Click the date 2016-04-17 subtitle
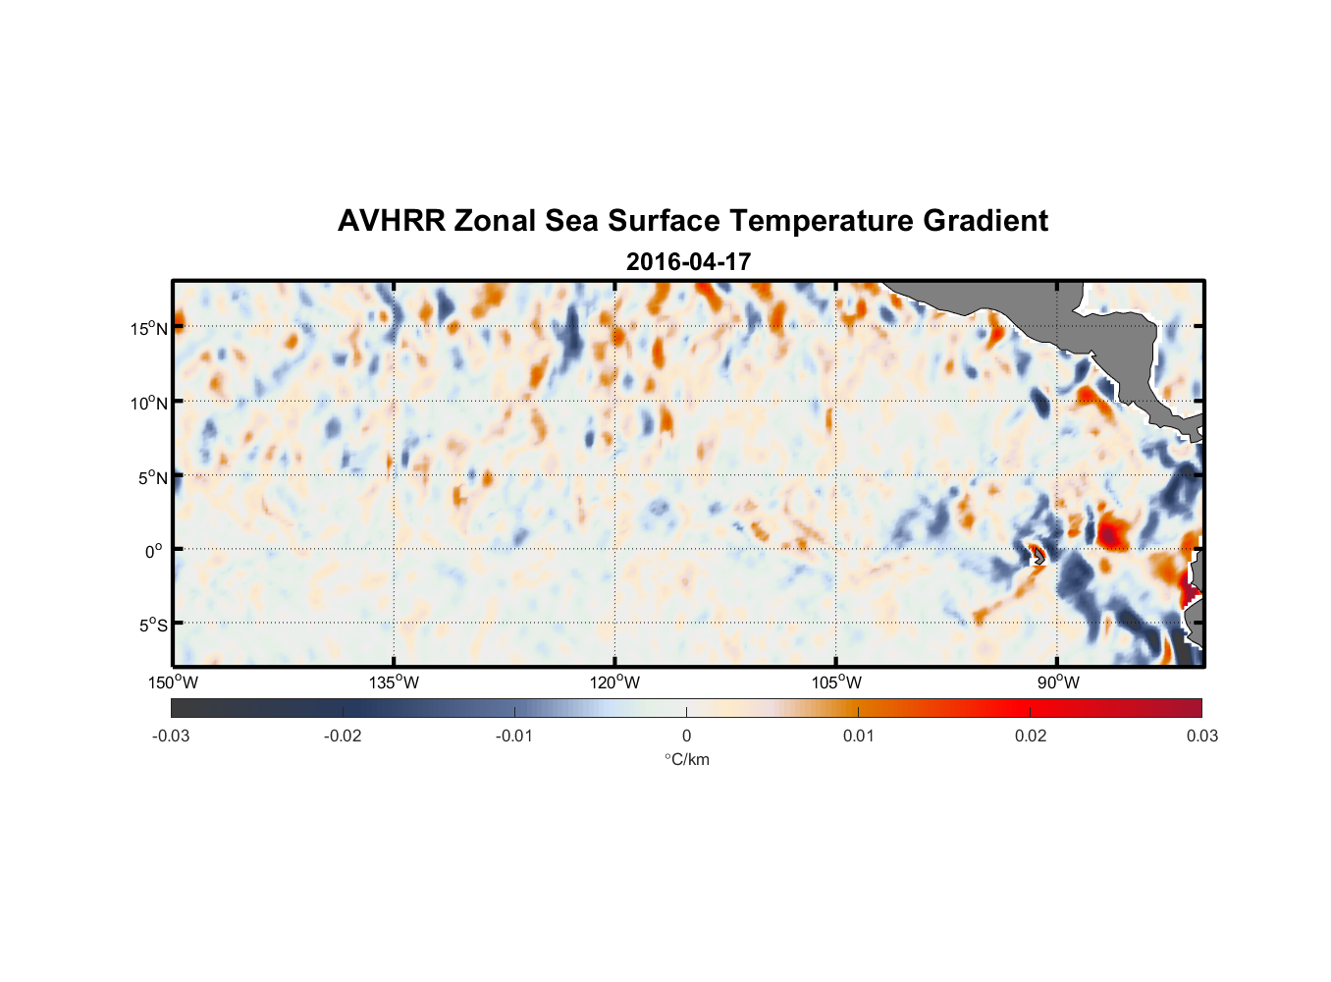[688, 262]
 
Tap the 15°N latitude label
[149, 328]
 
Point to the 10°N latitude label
[149, 403]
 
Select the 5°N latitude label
[152, 477]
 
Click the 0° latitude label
[154, 551]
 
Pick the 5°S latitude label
[152, 626]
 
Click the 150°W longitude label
[173, 682]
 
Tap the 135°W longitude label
[394, 682]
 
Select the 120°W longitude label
[614, 682]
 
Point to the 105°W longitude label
[836, 682]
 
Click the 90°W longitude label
[1058, 682]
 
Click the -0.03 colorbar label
[171, 736]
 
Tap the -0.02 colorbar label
[343, 736]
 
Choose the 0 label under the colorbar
[686, 736]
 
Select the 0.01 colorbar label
[858, 736]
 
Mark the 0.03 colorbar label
[1201, 736]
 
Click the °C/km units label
[687, 759]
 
